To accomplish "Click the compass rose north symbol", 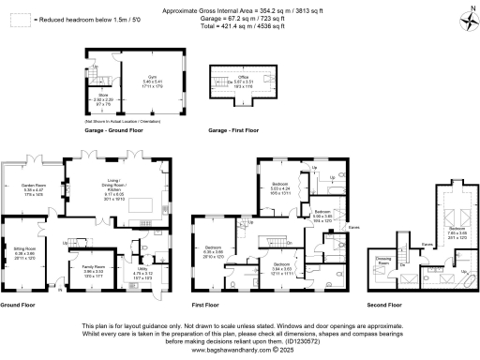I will click(x=465, y=17).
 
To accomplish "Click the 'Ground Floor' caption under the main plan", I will click(x=18, y=306).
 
